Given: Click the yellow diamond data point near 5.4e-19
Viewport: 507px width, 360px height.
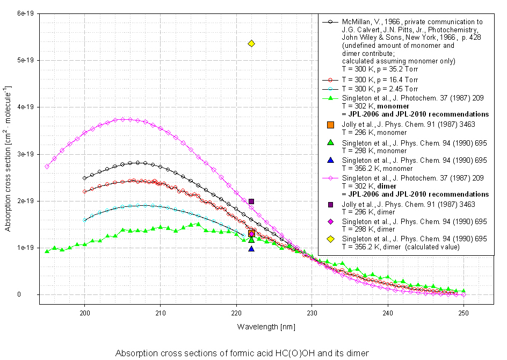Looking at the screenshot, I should click(x=251, y=44).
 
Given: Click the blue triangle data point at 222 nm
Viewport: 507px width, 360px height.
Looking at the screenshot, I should click(x=251, y=248).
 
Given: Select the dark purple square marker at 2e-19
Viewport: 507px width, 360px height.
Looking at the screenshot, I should click(x=251, y=201).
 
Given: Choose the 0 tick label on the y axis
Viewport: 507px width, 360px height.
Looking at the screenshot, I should click(x=33, y=294).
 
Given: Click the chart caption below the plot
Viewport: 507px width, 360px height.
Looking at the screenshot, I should click(x=242, y=353).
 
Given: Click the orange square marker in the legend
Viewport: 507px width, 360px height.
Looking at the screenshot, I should click(x=331, y=125).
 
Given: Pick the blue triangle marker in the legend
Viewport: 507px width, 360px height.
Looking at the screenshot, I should click(x=331, y=160).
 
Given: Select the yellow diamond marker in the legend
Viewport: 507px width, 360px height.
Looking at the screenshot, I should click(x=331, y=239).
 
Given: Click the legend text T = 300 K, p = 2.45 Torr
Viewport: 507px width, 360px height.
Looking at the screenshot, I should click(x=374, y=88).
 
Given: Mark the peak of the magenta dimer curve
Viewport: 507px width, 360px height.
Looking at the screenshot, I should click(x=123, y=119).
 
